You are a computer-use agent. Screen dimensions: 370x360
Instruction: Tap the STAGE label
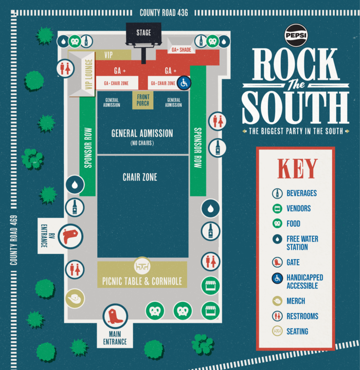[x=143, y=33]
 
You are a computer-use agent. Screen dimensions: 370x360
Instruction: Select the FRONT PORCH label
[x=143, y=100]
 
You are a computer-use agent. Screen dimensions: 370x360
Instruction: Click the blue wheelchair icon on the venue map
[x=184, y=82]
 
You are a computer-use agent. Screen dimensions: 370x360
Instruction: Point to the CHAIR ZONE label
[x=140, y=177]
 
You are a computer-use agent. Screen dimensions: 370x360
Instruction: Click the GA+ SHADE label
[x=181, y=50]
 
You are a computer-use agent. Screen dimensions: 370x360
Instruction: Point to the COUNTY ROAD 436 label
[x=164, y=12]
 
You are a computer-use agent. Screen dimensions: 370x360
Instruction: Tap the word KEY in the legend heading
[x=297, y=169]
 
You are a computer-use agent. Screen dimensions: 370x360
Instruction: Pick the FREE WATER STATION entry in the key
[x=302, y=243]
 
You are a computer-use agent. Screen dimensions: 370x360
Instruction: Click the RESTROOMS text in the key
[x=302, y=316]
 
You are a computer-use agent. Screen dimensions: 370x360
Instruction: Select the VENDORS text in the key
[x=299, y=209]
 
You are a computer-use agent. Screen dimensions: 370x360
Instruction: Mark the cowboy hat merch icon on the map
[x=75, y=298]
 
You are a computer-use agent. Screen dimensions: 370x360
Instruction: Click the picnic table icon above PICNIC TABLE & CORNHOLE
[x=142, y=266]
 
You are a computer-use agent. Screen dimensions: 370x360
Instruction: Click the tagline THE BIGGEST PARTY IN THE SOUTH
[x=296, y=132]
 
